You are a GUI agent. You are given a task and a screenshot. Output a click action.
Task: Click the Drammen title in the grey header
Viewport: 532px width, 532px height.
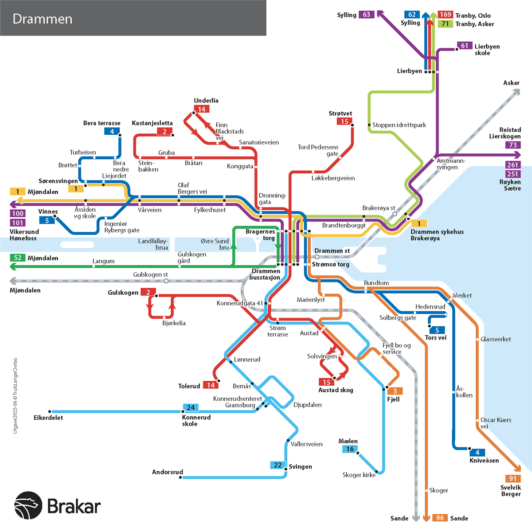point(43,19)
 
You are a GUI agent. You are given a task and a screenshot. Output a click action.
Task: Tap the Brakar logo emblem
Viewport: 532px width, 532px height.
point(28,505)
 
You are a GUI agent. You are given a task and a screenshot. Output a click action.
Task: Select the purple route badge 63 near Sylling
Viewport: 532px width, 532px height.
point(367,15)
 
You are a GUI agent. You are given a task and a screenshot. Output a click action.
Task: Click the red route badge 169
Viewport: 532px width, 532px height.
point(445,15)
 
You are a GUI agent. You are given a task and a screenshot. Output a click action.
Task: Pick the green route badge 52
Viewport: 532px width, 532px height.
point(18,258)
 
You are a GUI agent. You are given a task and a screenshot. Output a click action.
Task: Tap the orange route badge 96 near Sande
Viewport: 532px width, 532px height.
point(439,518)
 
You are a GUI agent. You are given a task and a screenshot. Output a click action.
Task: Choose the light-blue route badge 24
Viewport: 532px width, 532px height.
point(191,407)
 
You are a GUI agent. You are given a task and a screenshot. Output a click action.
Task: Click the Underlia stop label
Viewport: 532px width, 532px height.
point(206,101)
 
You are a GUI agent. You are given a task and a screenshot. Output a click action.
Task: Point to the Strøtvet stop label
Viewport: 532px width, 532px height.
point(340,113)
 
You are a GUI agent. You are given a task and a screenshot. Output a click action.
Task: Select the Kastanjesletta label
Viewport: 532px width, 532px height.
point(152,123)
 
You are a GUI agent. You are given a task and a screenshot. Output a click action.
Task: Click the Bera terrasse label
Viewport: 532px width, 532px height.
point(102,123)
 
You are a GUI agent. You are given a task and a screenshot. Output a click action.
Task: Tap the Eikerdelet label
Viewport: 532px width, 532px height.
point(48,418)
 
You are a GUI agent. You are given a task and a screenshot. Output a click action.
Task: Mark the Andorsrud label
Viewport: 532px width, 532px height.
point(168,472)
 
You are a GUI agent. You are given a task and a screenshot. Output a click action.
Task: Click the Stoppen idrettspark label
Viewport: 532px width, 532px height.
point(399,125)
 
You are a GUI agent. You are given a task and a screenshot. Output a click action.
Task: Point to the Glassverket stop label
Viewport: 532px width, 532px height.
point(496,339)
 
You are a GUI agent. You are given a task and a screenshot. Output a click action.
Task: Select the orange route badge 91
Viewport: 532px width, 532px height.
point(512,479)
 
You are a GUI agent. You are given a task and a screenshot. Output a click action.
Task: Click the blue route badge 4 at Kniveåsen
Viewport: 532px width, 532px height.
point(477,453)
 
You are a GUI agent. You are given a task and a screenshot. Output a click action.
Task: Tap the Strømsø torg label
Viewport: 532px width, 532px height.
point(331,264)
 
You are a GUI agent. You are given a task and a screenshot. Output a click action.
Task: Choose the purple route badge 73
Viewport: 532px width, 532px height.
point(512,145)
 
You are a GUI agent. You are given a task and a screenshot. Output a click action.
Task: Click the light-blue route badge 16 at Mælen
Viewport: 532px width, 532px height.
point(350,449)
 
